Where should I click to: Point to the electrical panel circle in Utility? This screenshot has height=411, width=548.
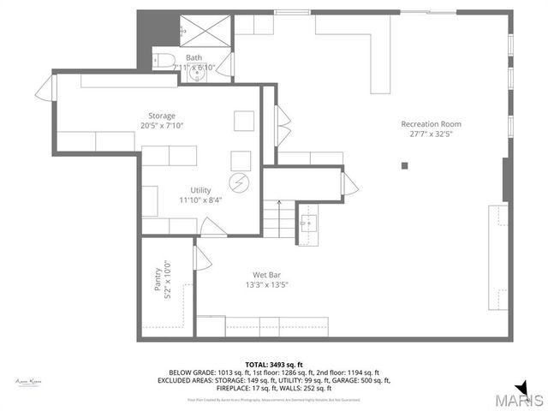click(x=239, y=182)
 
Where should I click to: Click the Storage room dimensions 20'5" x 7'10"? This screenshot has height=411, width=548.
click(x=162, y=126)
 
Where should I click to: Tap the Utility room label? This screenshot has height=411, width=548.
click(x=200, y=190)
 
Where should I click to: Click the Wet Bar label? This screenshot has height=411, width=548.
click(x=267, y=275)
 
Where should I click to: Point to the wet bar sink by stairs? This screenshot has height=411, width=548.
click(x=307, y=224)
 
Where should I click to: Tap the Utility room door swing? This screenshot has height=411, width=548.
click(x=212, y=227)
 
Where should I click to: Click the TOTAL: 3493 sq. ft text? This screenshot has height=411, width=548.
click(x=274, y=365)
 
